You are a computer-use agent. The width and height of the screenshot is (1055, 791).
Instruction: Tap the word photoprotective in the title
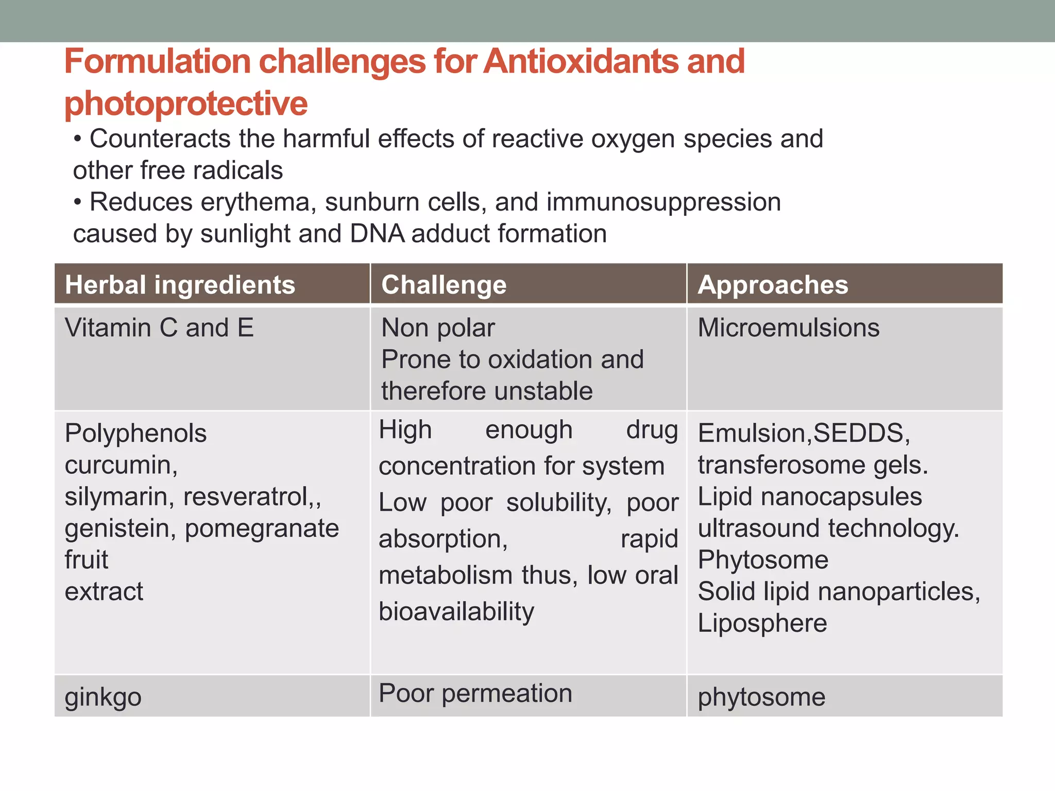[x=186, y=104]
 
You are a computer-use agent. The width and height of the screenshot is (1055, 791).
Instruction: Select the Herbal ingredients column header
[x=180, y=285]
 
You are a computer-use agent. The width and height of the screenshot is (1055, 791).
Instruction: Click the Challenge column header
[x=444, y=285]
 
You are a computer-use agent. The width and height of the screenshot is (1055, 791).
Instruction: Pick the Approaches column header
[x=772, y=285]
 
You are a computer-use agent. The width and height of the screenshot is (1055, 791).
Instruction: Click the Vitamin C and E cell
[x=159, y=328]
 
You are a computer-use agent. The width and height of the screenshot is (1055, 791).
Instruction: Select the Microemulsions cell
[x=788, y=328]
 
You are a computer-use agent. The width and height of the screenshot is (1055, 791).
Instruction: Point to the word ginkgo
[x=103, y=697]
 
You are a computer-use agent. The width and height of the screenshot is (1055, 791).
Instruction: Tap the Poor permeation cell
[x=475, y=693]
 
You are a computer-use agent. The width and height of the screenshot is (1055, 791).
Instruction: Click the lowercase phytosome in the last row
[x=761, y=697]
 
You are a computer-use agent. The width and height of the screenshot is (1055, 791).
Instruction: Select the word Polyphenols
[x=135, y=433]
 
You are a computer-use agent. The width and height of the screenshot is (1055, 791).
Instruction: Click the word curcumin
[x=120, y=465]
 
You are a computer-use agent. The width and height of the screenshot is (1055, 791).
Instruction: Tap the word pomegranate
[x=262, y=528]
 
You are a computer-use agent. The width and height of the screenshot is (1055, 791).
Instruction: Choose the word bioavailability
[x=456, y=612]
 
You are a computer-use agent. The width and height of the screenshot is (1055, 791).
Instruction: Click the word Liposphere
[x=762, y=623]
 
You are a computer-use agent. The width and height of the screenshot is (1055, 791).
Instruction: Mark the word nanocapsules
[x=841, y=497]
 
